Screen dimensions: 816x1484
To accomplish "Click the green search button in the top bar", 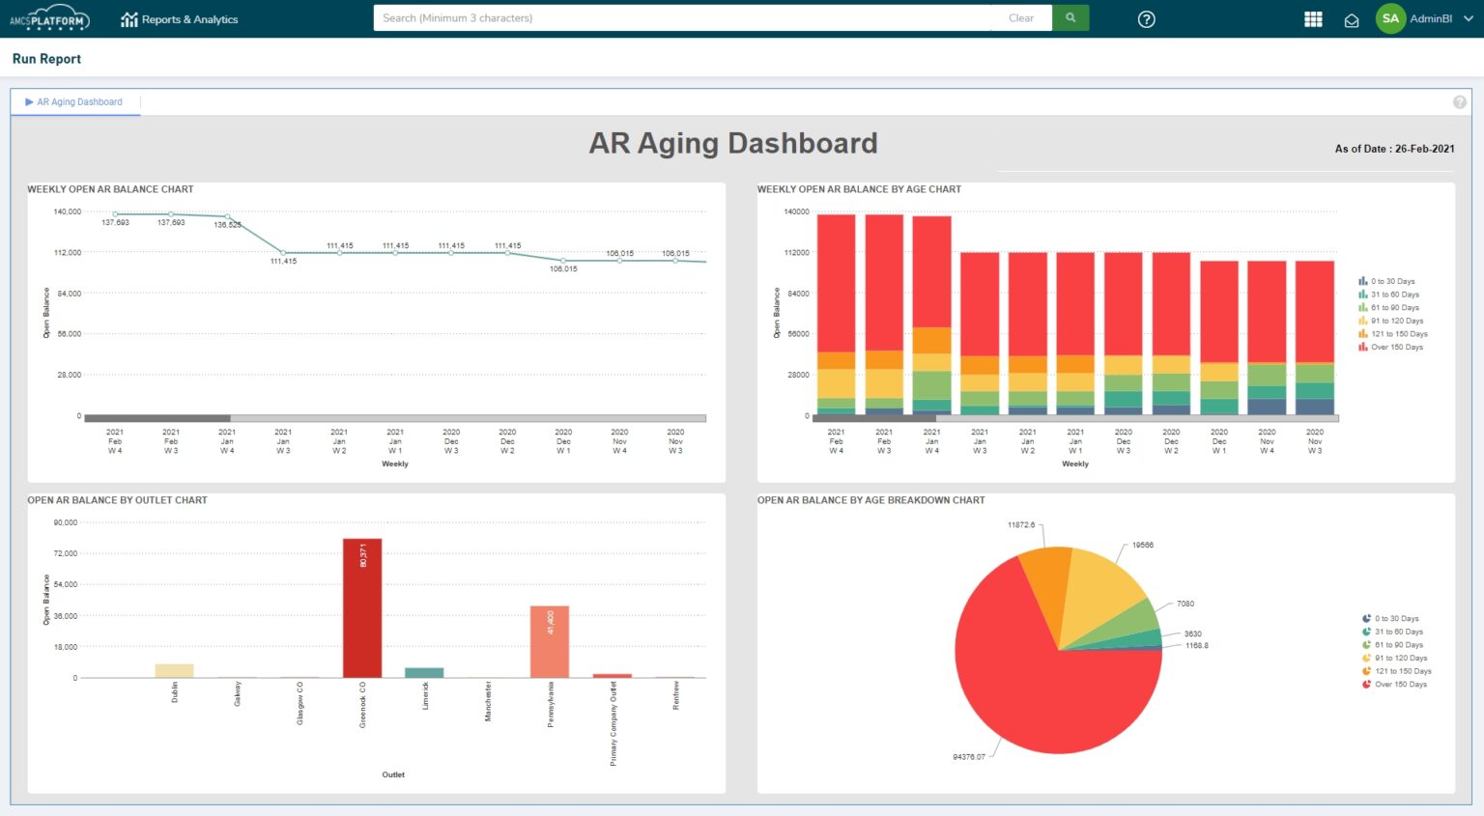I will click(1070, 18).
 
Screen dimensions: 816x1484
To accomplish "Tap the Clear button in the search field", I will click(1020, 18).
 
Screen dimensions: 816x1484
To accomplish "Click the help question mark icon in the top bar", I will click(1146, 19).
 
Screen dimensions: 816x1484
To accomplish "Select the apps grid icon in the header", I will click(1313, 19).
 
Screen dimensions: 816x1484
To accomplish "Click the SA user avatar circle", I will click(1390, 19).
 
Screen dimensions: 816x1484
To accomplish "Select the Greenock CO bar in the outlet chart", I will click(362, 608).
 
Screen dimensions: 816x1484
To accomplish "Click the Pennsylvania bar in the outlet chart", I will click(549, 642).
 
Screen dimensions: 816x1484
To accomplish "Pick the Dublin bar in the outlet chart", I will click(174, 670).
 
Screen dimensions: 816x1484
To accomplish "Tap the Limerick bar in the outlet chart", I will click(424, 672).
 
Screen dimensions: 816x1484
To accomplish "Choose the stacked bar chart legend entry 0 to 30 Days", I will click(1392, 282).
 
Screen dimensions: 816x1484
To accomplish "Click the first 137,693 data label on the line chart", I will click(115, 223).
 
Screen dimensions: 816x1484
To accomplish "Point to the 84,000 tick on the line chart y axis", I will click(69, 294).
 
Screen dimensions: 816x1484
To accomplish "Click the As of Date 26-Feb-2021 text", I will click(1394, 149).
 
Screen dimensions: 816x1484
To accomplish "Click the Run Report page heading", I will click(46, 59).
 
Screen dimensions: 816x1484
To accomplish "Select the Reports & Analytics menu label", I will click(189, 19).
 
